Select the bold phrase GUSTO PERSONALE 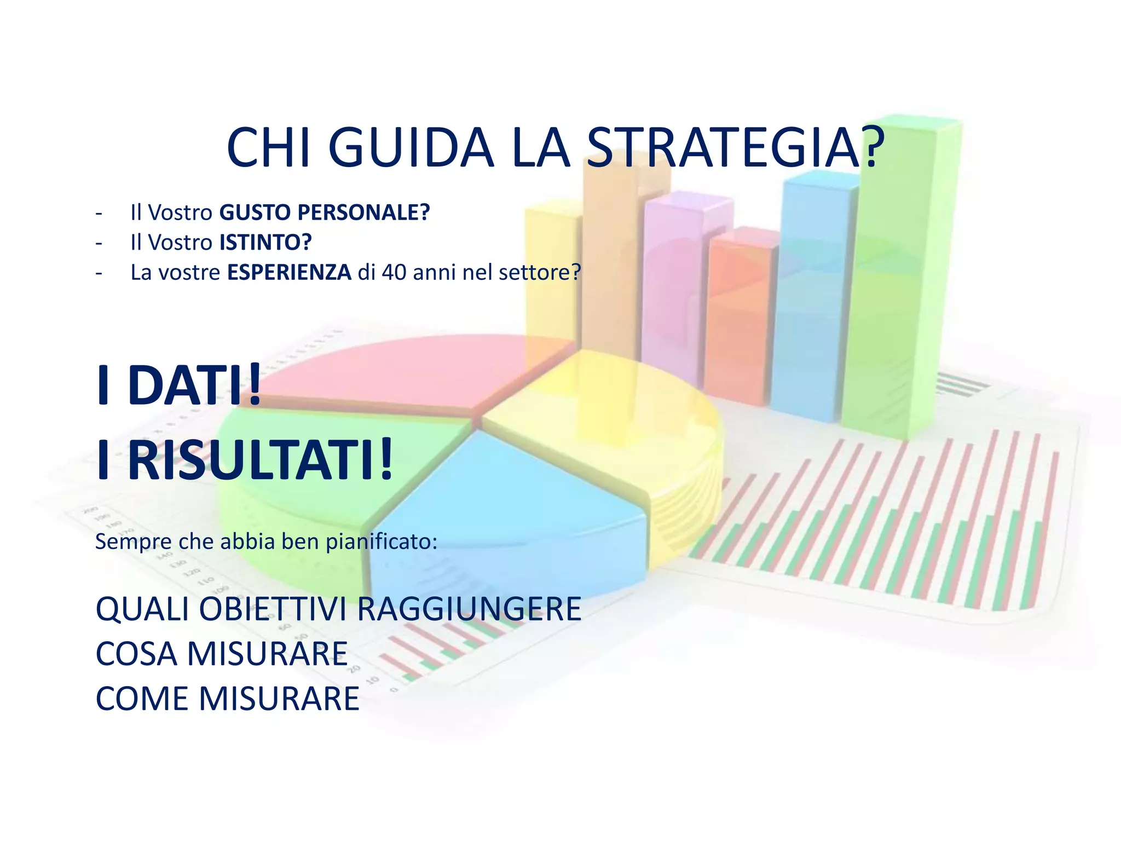[x=325, y=212]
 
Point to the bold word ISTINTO [x=265, y=242]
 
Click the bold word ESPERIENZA [x=289, y=272]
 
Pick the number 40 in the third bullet [x=394, y=272]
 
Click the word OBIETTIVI [x=275, y=609]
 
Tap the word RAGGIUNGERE [x=469, y=609]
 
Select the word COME [x=142, y=699]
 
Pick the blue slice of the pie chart [x=509, y=526]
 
